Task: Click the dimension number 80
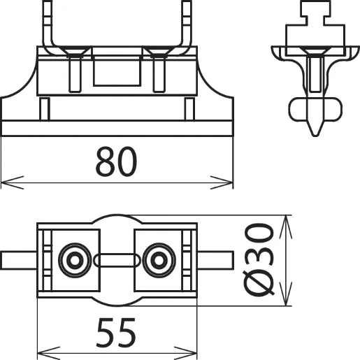tap(117, 162)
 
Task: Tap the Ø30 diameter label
tap(259, 259)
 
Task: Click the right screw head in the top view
tap(158, 260)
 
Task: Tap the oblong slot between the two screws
tap(115, 261)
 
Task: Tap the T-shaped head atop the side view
tap(312, 13)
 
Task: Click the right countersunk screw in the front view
tap(158, 52)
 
